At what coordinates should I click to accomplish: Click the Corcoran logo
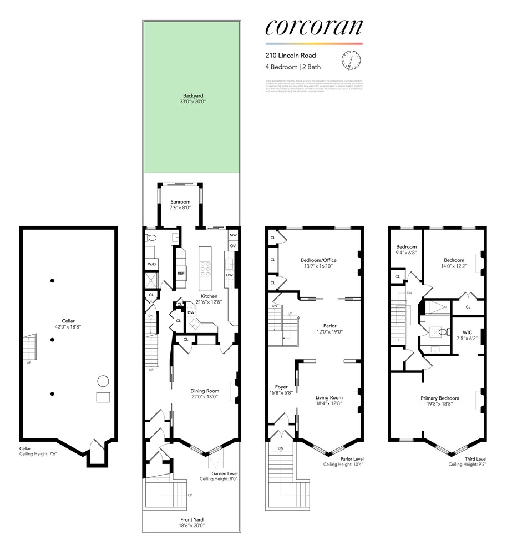313,27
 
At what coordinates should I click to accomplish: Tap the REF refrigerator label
181,274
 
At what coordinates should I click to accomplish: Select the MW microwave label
233,235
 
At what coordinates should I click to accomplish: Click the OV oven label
233,246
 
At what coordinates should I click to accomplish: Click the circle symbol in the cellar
103,381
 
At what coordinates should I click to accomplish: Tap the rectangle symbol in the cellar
103,397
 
